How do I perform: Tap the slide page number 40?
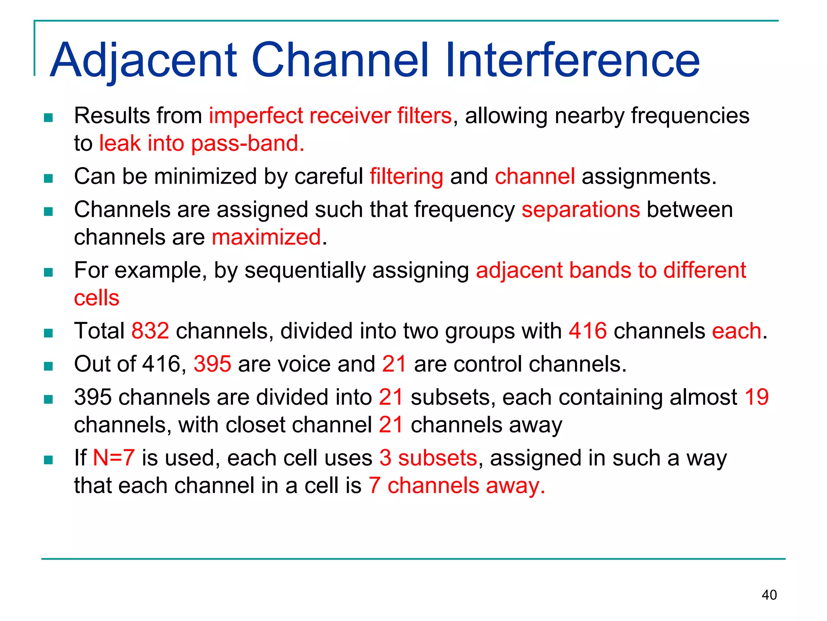(x=769, y=595)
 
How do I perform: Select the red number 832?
(x=150, y=331)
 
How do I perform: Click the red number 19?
(x=756, y=397)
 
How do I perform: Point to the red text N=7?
(x=113, y=458)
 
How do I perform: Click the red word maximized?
(x=267, y=237)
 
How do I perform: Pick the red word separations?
(x=580, y=210)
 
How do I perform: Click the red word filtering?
(x=406, y=177)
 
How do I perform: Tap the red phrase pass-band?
(x=248, y=144)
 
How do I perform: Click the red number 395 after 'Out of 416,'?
(x=212, y=364)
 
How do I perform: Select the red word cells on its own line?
(x=97, y=298)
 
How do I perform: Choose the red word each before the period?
(x=736, y=331)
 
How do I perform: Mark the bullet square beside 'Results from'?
(x=48, y=118)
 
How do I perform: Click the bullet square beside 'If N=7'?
(x=48, y=460)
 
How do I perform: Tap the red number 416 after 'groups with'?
(x=588, y=331)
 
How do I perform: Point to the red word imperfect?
(x=256, y=116)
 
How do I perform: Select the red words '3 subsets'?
(x=428, y=458)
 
